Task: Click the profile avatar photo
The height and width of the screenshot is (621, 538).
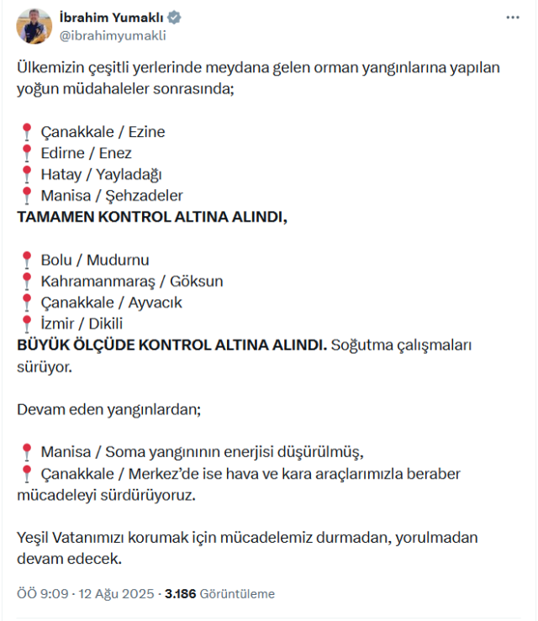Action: pos(34,27)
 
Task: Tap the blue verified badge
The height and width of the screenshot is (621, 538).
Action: pos(173,18)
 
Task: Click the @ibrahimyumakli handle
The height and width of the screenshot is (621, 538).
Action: pos(113,35)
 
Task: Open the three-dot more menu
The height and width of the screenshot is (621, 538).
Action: pos(512,18)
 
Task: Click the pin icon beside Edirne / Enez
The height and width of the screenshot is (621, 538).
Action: pos(26,153)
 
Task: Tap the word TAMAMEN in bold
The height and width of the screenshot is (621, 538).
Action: pos(55,217)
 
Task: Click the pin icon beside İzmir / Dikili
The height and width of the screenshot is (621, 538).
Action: pos(26,324)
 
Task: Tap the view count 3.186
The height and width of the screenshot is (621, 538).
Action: pos(180,593)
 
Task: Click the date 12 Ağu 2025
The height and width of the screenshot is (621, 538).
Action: pos(117,593)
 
